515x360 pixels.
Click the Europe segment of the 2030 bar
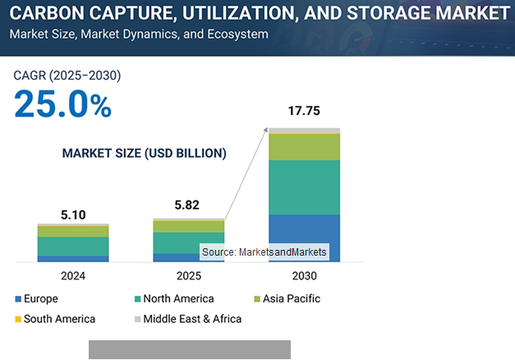pos(304,238)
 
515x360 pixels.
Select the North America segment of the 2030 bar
pos(304,187)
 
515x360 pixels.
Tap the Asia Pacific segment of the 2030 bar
pos(304,146)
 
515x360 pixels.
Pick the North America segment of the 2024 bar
pos(72,246)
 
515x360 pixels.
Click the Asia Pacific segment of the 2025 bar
pos(188,226)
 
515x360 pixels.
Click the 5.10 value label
pos(72,215)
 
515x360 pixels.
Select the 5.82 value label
pos(188,205)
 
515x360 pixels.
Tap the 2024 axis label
pos(72,275)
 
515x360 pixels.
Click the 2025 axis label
pos(188,275)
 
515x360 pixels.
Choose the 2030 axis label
pos(304,275)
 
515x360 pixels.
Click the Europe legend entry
pos(36,298)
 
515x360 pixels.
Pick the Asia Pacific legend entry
pos(287,298)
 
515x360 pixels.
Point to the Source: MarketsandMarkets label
pos(264,252)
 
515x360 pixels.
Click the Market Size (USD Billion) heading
pos(145,153)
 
